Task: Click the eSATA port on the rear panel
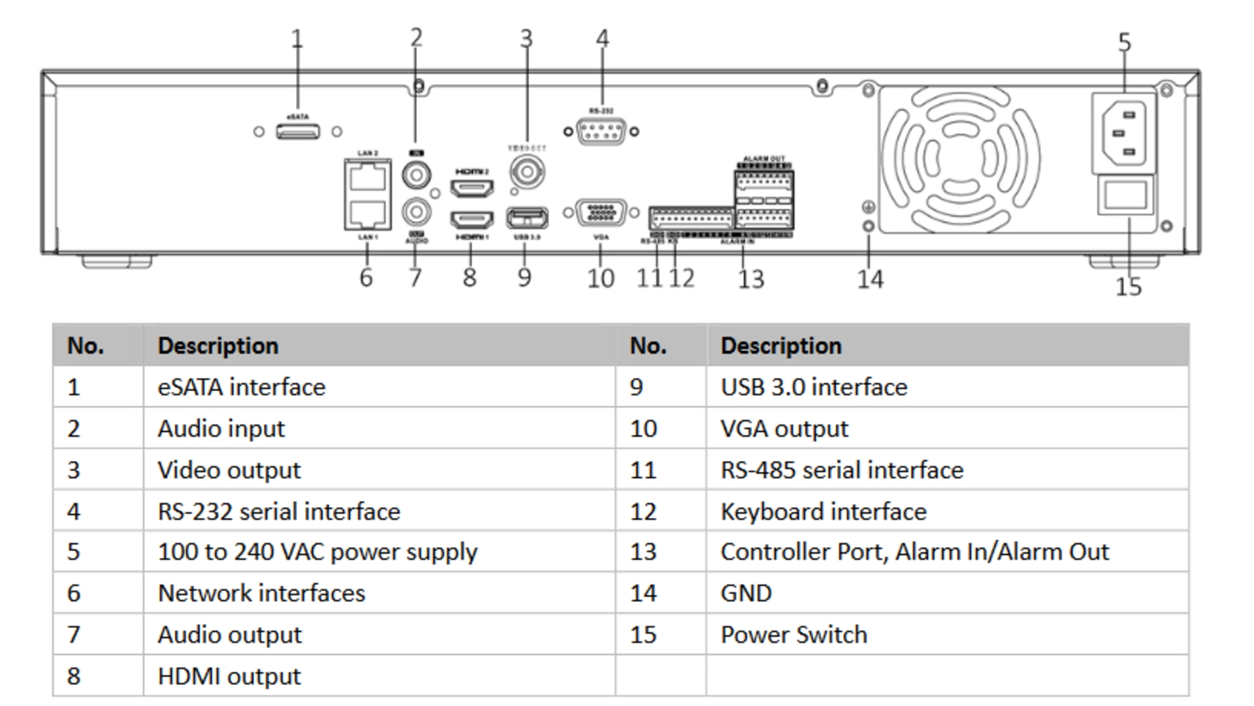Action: pos(298,131)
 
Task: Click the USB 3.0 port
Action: pos(527,217)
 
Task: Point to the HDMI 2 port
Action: pos(472,188)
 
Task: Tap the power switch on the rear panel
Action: pos(1125,195)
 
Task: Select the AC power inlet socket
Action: pos(1123,133)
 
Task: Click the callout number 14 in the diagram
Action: pos(870,279)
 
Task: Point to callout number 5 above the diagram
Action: pos(1124,43)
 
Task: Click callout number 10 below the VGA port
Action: pos(601,278)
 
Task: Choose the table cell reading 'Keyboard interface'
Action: pos(823,511)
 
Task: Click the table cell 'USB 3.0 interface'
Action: pos(814,387)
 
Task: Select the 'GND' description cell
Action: pos(746,593)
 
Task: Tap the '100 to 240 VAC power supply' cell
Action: pos(317,552)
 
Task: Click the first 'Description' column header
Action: pos(218,345)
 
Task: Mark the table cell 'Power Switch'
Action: pos(794,634)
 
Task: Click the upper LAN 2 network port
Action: pos(368,176)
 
